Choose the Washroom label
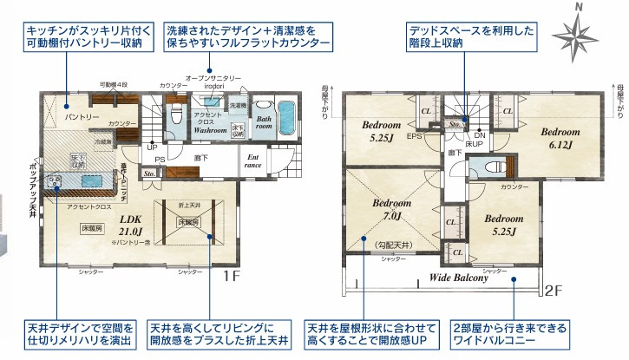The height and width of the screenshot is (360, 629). [x=210, y=129]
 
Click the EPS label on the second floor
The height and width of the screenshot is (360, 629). [x=415, y=136]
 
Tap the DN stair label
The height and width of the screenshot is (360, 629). [x=478, y=136]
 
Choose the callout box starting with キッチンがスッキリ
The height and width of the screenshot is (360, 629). [x=87, y=35]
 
